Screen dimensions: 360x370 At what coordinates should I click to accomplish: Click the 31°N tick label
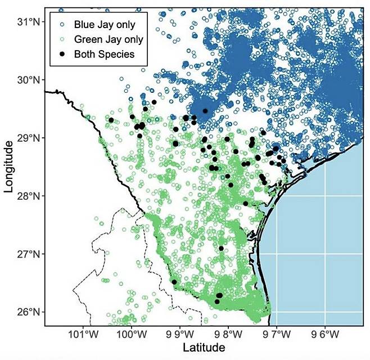click(28, 22)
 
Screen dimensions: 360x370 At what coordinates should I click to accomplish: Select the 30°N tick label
click(28, 80)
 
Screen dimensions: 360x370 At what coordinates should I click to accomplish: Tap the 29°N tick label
click(28, 138)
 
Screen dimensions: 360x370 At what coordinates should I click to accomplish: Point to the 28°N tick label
click(28, 196)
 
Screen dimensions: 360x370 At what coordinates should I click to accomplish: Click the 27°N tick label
click(28, 254)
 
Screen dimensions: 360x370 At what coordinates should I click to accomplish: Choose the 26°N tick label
click(28, 312)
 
